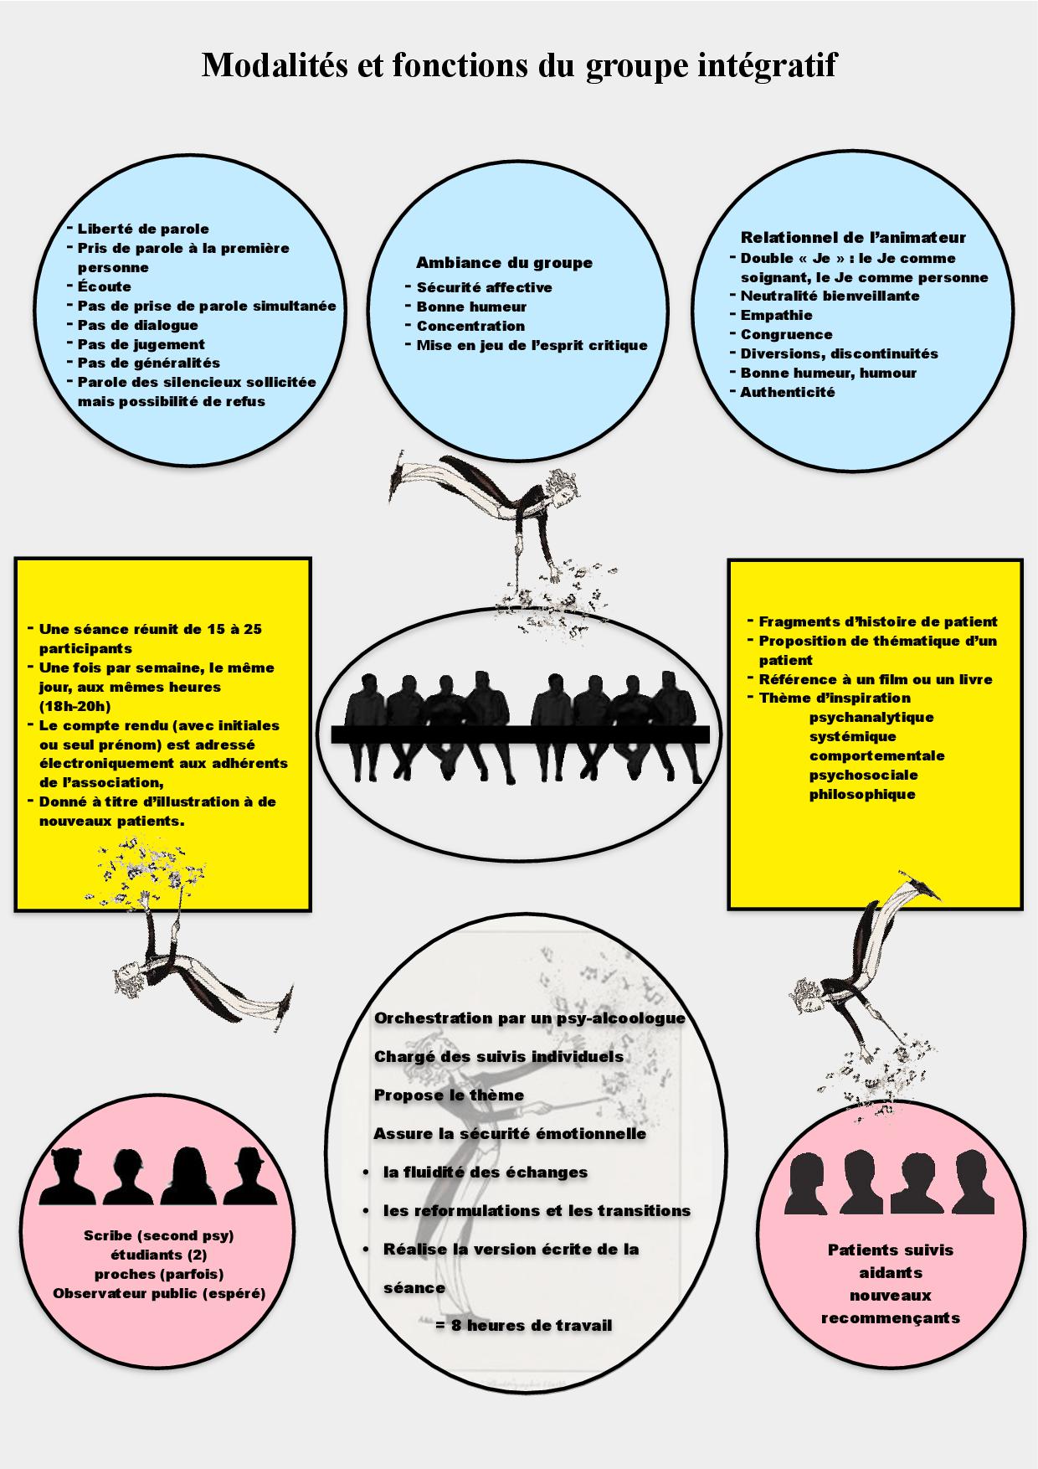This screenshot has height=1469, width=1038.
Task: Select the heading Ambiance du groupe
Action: (x=504, y=262)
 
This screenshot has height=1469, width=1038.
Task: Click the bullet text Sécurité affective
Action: (x=484, y=287)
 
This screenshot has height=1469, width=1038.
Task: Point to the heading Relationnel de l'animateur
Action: (x=853, y=237)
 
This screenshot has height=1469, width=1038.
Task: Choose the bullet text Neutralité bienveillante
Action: (x=830, y=296)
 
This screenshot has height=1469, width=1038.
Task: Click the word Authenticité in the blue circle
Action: (x=787, y=392)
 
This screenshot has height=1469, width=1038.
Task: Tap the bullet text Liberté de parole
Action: (x=143, y=229)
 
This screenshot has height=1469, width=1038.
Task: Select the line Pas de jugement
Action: (x=141, y=344)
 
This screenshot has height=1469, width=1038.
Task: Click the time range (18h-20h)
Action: (x=75, y=706)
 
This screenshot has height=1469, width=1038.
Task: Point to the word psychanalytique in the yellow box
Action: (x=871, y=718)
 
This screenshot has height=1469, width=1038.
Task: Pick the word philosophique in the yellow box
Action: (x=861, y=794)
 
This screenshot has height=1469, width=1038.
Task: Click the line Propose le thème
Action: (x=449, y=1095)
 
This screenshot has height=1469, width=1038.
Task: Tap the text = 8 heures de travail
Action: (x=524, y=1326)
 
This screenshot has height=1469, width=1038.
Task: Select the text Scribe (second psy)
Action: (x=159, y=1235)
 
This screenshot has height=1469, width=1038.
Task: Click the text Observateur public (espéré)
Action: (x=159, y=1293)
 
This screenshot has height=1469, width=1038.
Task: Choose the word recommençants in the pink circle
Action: (x=890, y=1318)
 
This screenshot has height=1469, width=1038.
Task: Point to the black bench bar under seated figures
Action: (x=520, y=734)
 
